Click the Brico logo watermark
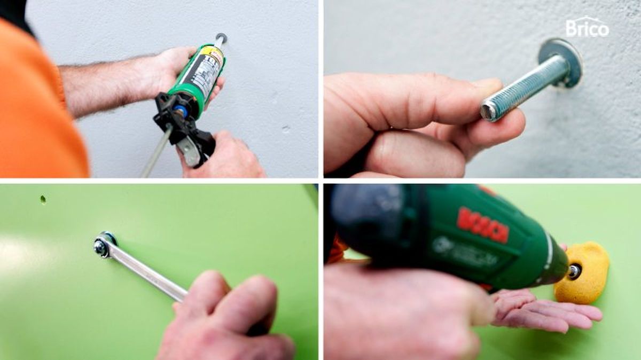[587, 27]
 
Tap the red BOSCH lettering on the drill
[482, 224]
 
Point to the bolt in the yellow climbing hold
[574, 271]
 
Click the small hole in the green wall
[43, 200]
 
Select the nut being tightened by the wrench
[100, 246]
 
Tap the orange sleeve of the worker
[37, 107]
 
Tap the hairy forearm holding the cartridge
[107, 85]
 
